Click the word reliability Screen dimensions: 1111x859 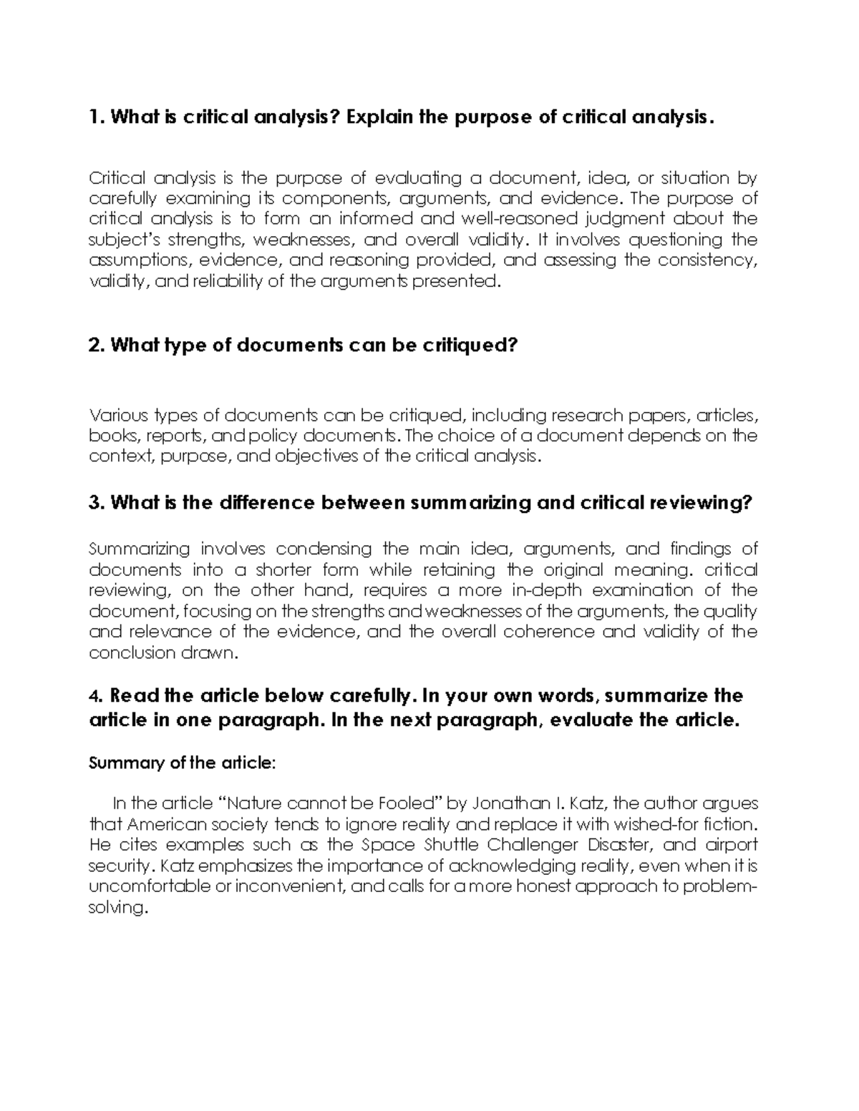pyautogui.click(x=227, y=281)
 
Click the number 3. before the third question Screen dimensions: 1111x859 pyautogui.click(x=97, y=503)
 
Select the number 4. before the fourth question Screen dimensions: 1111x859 pyautogui.click(x=96, y=696)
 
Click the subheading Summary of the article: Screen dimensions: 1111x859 pyautogui.click(x=181, y=763)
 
